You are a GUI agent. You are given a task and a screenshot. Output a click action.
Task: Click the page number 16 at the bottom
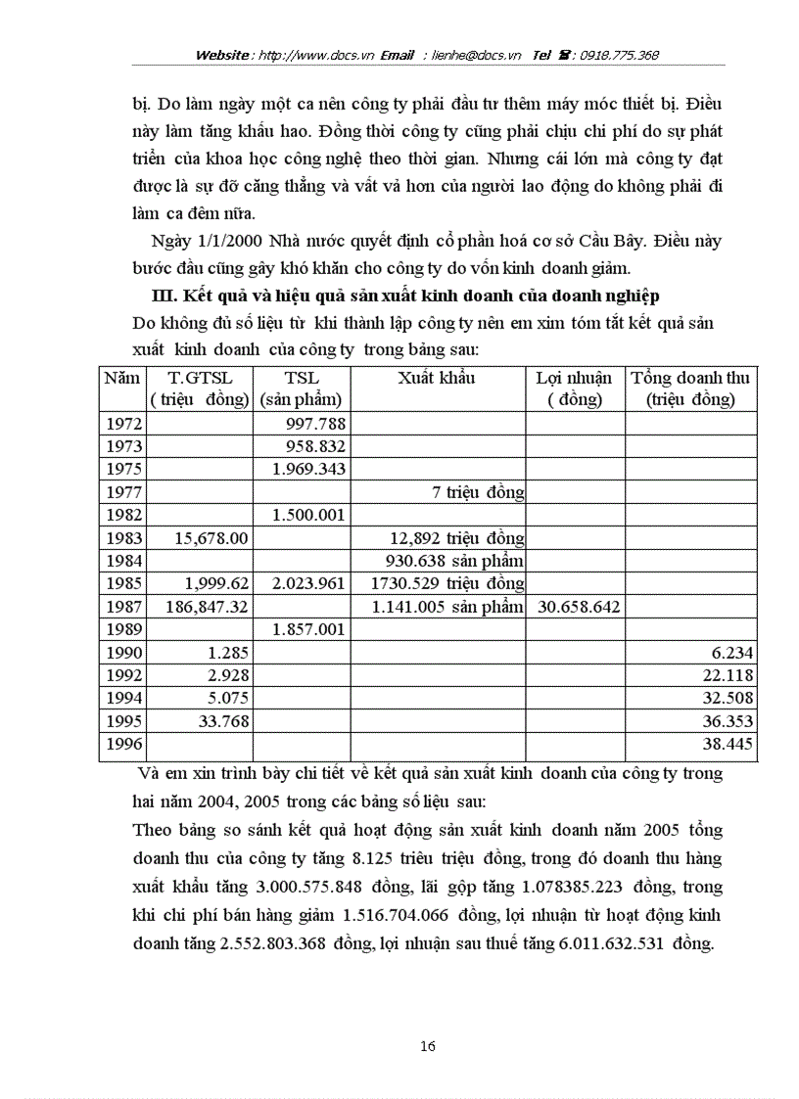point(427,1046)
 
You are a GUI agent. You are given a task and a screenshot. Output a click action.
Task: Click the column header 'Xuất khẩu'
point(437,378)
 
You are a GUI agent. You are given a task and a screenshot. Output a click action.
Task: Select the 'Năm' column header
point(122,378)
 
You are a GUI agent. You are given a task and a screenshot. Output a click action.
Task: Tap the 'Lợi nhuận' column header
point(574,378)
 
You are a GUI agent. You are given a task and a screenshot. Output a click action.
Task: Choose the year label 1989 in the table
point(122,629)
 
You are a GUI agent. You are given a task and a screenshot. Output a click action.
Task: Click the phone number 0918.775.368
point(621,55)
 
